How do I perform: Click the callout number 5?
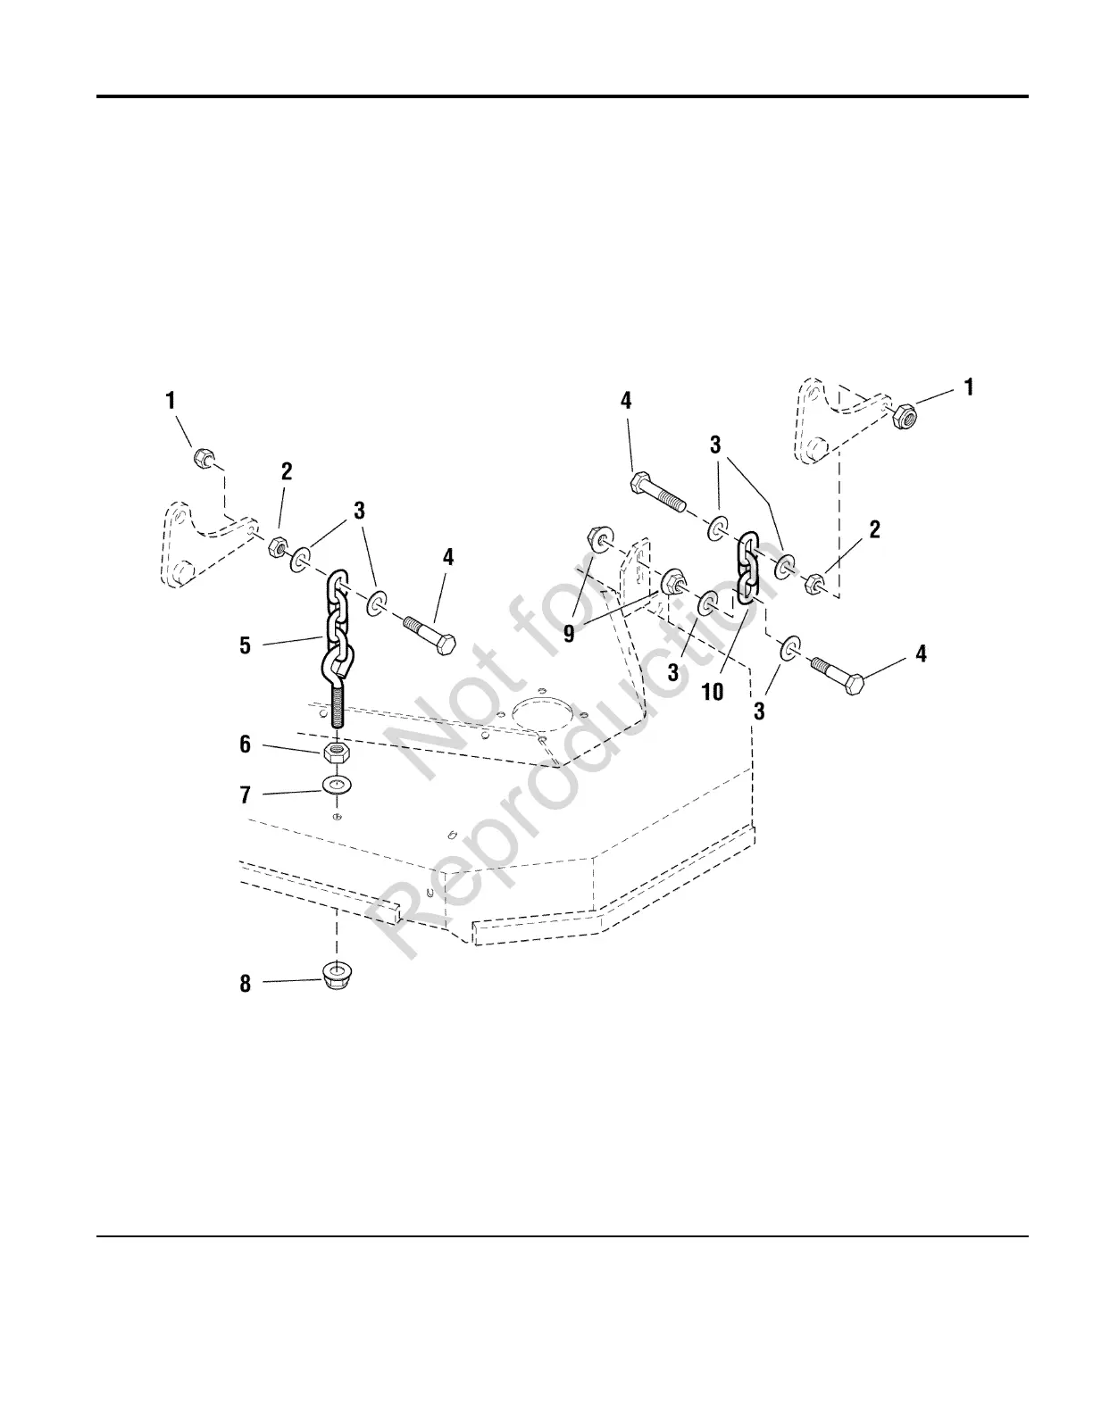point(246,645)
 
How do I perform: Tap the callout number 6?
point(246,744)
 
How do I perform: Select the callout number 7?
point(246,794)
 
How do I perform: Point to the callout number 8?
point(246,984)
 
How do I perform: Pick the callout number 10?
point(713,691)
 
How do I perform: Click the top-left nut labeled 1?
point(202,459)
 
